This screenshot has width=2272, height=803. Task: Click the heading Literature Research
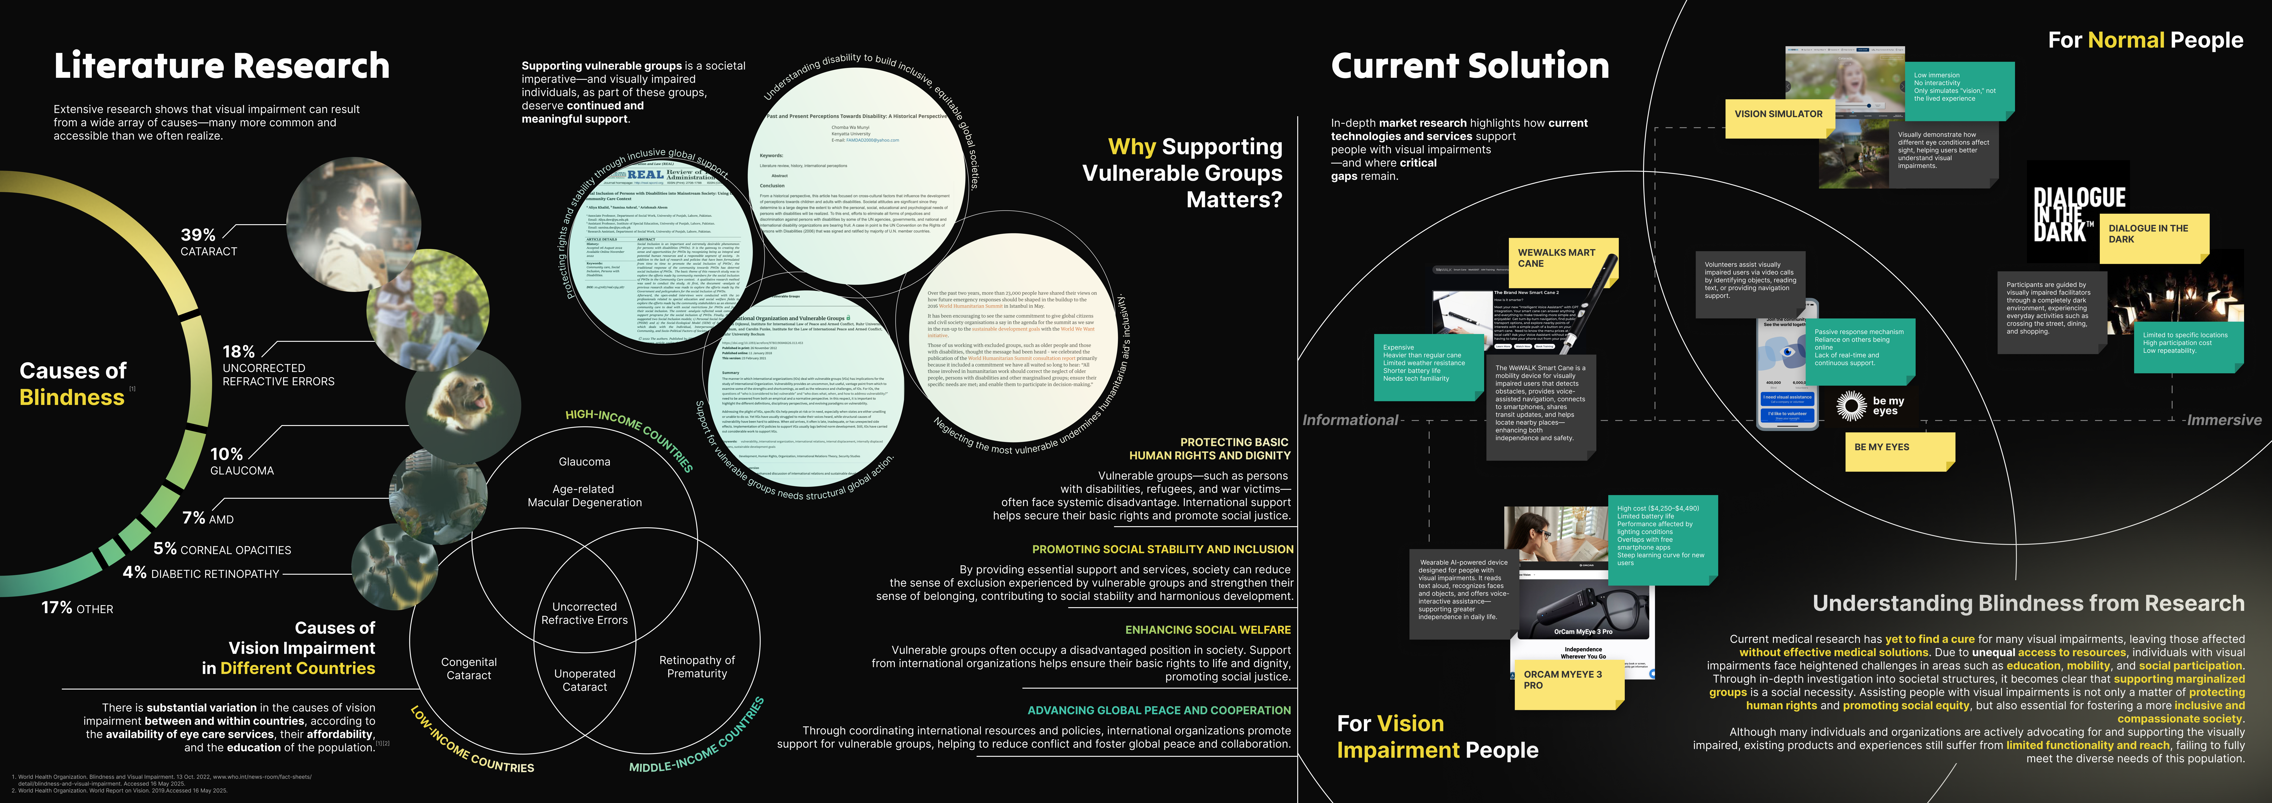coord(221,66)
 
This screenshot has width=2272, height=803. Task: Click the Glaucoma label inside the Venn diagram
coord(584,462)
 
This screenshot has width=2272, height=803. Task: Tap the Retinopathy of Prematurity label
coord(697,666)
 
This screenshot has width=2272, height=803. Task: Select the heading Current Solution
coord(1469,66)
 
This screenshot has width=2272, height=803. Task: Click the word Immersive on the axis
coord(2223,420)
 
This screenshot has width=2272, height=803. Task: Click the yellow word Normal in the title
coord(2125,40)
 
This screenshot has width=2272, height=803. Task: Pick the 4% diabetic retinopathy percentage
coord(135,573)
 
